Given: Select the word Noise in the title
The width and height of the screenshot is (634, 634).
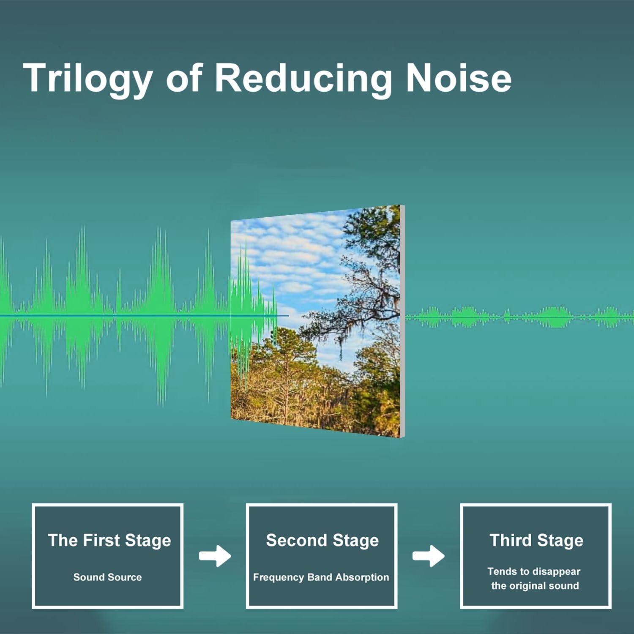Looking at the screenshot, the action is (x=459, y=78).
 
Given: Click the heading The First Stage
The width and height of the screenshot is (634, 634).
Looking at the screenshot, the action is (x=109, y=541).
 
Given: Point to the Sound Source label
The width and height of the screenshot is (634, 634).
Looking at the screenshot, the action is (x=107, y=577).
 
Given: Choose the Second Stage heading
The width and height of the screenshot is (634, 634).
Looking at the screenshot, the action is (x=322, y=541).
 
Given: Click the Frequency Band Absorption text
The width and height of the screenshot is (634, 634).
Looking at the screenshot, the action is (x=321, y=577).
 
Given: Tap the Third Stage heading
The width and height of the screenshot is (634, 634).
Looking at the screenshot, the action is (x=536, y=541).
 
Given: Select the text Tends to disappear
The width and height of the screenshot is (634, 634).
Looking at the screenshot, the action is (x=534, y=571).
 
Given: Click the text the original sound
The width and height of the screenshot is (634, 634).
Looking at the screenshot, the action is (x=535, y=586).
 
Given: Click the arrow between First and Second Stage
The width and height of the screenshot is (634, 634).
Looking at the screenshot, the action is (x=215, y=555).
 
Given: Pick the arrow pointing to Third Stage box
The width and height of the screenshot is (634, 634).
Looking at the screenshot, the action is (x=429, y=555).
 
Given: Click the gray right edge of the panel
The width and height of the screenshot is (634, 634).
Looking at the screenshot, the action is (x=402, y=321).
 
